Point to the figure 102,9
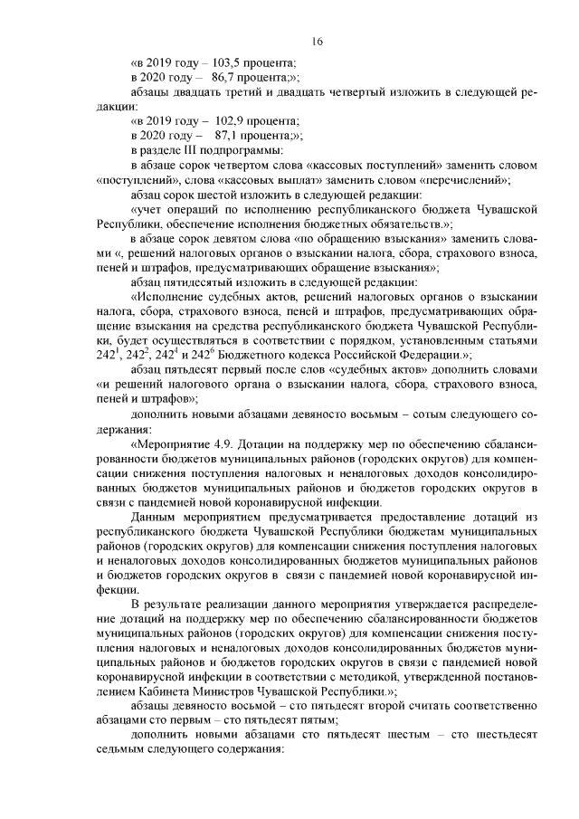(x=228, y=120)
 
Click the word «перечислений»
(x=466, y=178)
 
